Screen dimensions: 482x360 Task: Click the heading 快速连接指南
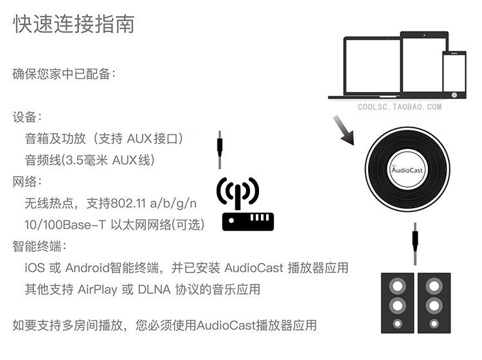pyautogui.click(x=74, y=24)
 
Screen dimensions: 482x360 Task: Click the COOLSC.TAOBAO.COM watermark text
pyautogui.click(x=400, y=107)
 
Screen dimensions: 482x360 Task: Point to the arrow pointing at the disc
pyautogui.click(x=344, y=132)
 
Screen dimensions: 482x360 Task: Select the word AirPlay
pyautogui.click(x=98, y=289)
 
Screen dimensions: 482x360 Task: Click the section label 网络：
pyautogui.click(x=28, y=181)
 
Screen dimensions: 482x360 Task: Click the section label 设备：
pyautogui.click(x=28, y=117)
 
